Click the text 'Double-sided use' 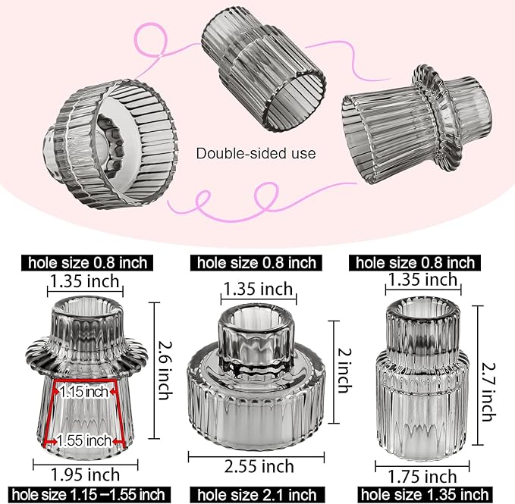click(256, 153)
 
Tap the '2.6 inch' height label click(165, 370)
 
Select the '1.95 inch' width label click(86, 474)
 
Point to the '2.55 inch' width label click(259, 466)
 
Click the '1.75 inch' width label click(422, 477)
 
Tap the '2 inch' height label click(345, 371)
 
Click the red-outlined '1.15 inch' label click(84, 392)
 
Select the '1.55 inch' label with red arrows click(84, 440)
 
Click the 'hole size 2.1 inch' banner click(258, 495)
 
